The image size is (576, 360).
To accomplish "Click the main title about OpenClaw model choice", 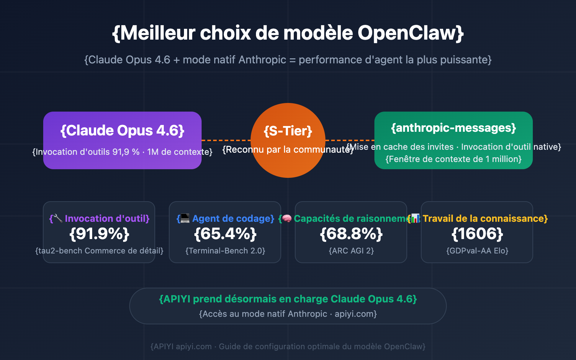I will pos(288,33).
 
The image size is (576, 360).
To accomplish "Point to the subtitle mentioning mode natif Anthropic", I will pos(288,60).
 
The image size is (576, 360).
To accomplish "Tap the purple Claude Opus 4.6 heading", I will pos(122,131).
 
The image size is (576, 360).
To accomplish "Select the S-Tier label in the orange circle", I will pos(288,131).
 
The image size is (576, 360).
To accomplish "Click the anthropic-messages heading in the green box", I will pos(454,128).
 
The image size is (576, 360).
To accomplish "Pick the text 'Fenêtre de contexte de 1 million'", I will pos(454,159).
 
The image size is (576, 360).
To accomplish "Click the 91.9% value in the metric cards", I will pos(99,234).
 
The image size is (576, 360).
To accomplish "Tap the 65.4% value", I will pos(225,234).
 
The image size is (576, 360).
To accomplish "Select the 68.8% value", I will pos(351,234).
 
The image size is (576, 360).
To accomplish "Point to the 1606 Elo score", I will pos(477,234).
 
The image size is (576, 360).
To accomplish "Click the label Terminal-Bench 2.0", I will pos(225,251).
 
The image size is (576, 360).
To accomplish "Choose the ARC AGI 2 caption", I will pos(351,251).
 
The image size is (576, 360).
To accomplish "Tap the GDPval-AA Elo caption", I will pos(477,251).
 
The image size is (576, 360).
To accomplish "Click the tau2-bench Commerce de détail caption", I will pos(99,251).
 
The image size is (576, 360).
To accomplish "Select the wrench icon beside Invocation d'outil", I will pos(58,218).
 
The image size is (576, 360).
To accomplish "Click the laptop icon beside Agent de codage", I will pos(185,218).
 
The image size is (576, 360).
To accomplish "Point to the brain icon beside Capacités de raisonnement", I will pos(287,218).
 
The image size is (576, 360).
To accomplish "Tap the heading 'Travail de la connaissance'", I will pos(485,219).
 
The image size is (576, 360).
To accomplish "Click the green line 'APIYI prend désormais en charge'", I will pos(288,299).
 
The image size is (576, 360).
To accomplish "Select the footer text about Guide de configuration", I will pos(288,347).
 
